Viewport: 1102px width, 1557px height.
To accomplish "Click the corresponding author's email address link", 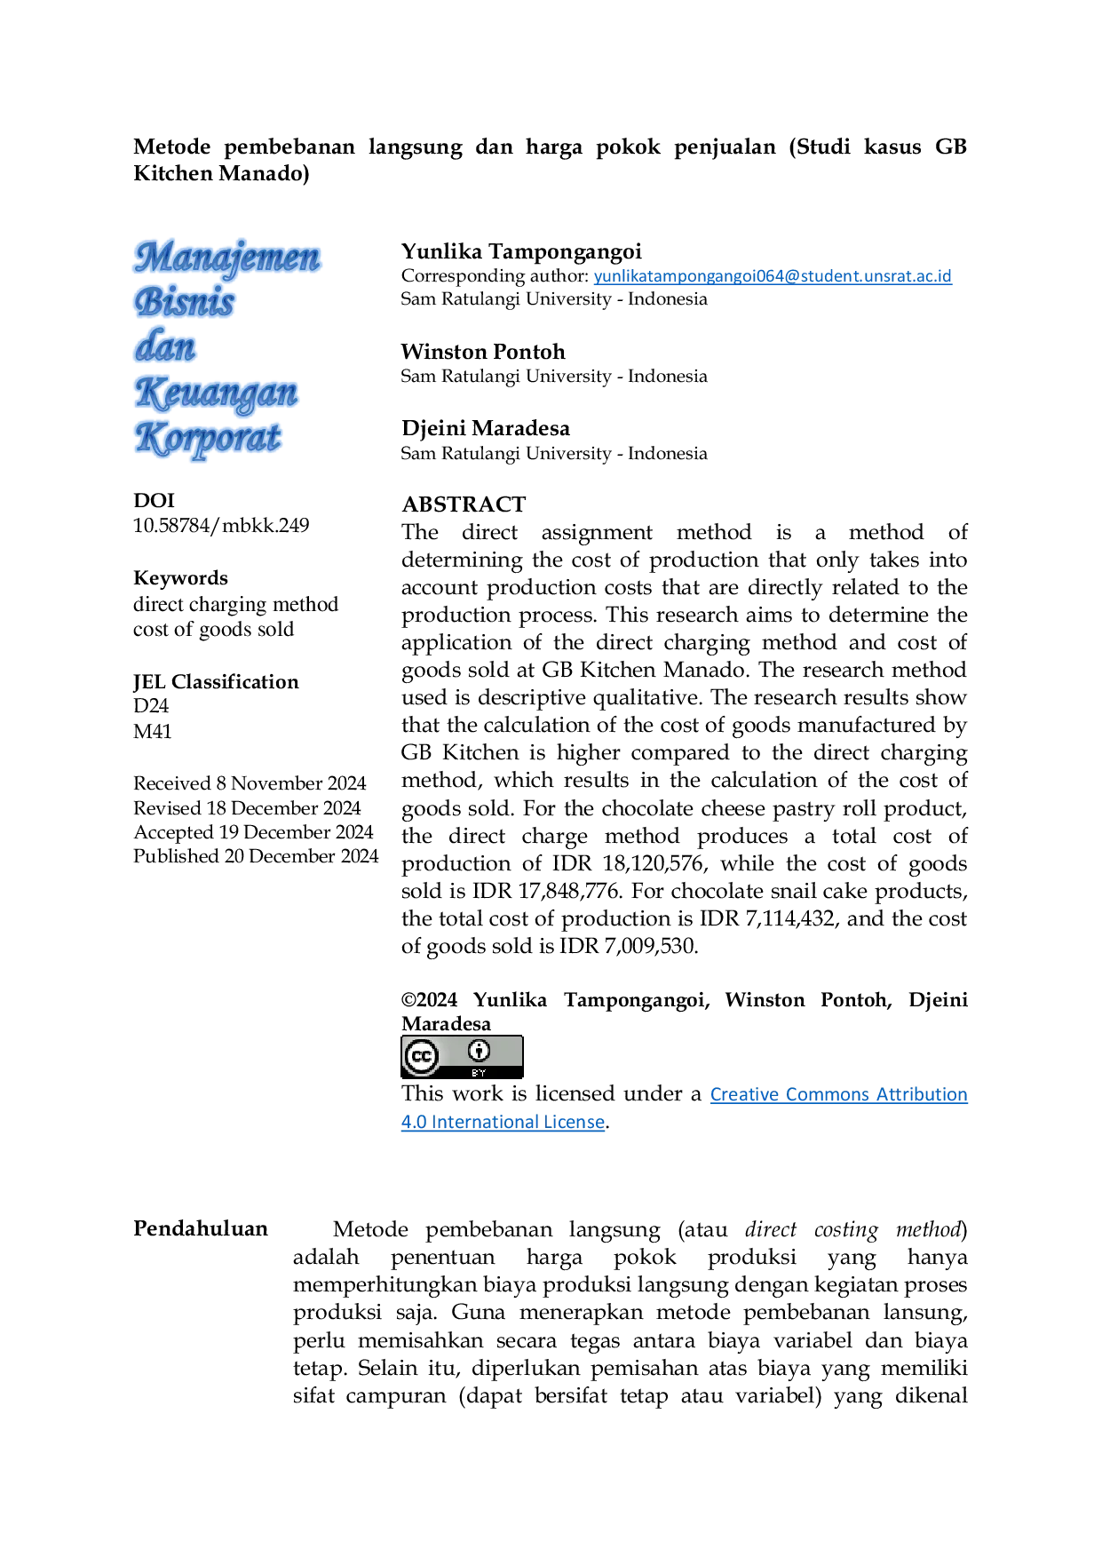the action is pyautogui.click(x=773, y=276).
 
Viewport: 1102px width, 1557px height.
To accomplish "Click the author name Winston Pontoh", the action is pyautogui.click(x=483, y=352).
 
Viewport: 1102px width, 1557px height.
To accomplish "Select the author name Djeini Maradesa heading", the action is pyautogui.click(x=486, y=428).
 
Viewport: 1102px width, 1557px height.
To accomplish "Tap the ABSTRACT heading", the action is pyautogui.click(x=464, y=504).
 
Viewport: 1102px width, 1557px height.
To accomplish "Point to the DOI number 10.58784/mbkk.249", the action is pyautogui.click(x=221, y=526).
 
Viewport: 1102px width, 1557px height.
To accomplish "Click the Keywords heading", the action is pyautogui.click(x=180, y=578).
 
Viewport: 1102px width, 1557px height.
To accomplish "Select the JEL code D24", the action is pyautogui.click(x=151, y=706).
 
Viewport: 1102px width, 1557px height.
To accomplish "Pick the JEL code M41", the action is pyautogui.click(x=152, y=732).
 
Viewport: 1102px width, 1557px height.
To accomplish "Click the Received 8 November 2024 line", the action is pyautogui.click(x=250, y=783).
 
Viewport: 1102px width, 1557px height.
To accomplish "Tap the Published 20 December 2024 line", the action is pyautogui.click(x=256, y=856).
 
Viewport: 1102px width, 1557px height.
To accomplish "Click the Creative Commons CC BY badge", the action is pyautogui.click(x=462, y=1057).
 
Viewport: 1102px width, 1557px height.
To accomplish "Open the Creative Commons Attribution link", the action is pyautogui.click(x=838, y=1094).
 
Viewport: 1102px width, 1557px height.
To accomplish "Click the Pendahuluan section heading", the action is pyautogui.click(x=201, y=1228).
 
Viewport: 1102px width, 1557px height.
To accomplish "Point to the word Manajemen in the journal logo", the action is pyautogui.click(x=227, y=258).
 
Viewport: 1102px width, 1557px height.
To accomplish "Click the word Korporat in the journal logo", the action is pyautogui.click(x=209, y=439).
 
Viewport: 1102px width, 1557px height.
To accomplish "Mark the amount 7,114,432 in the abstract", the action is pyautogui.click(x=791, y=919).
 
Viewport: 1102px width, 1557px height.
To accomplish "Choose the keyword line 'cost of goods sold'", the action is pyautogui.click(x=213, y=630).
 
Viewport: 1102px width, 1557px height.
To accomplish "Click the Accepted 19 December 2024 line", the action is pyautogui.click(x=253, y=832).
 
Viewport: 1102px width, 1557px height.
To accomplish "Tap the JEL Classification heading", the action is pyautogui.click(x=216, y=682).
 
